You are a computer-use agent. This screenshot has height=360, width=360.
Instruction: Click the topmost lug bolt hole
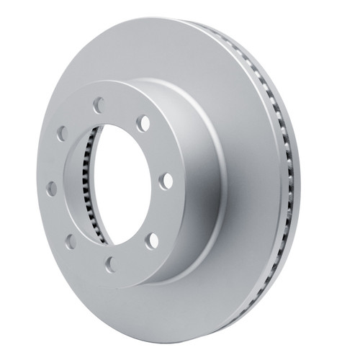click(98, 105)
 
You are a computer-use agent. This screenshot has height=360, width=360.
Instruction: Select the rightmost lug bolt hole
click(165, 180)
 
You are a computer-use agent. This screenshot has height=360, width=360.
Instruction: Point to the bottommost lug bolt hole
click(110, 265)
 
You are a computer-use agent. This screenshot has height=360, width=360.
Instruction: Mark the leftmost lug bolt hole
click(51, 188)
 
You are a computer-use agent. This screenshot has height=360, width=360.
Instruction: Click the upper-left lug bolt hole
click(62, 135)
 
